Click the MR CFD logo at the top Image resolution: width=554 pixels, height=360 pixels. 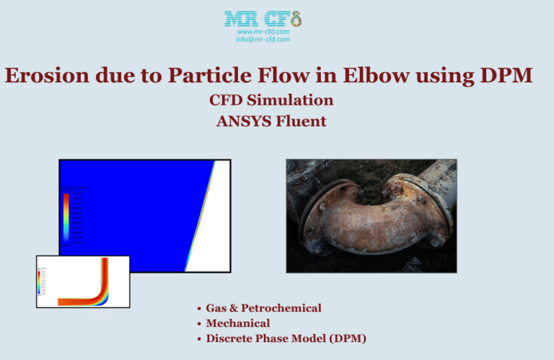(x=263, y=19)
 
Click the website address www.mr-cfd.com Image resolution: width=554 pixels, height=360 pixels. (x=263, y=32)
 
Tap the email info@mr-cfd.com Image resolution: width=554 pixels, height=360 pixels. (x=263, y=39)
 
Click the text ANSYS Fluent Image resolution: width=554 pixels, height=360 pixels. (x=271, y=120)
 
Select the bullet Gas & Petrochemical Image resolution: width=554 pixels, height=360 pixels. (x=263, y=308)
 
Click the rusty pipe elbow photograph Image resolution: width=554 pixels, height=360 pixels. (x=371, y=216)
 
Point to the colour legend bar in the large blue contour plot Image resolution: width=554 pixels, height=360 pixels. (x=66, y=216)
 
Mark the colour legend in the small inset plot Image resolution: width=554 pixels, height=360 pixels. (x=40, y=283)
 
